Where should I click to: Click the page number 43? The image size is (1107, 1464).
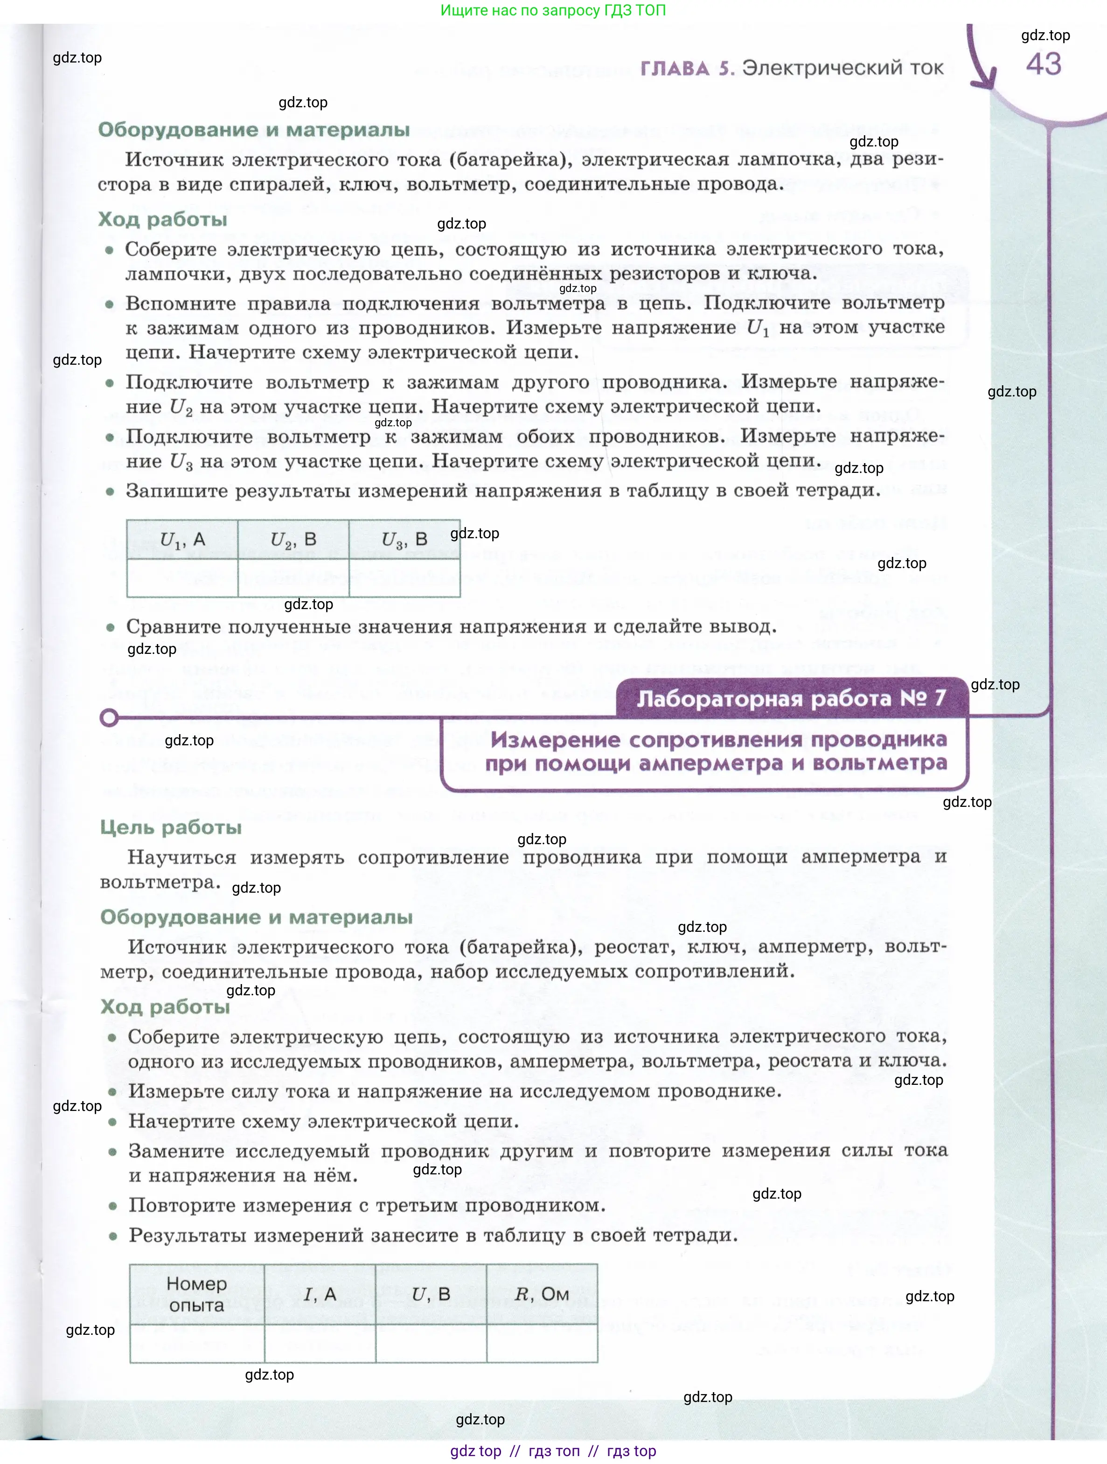[x=1044, y=65]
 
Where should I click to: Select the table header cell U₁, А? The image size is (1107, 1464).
[x=182, y=540]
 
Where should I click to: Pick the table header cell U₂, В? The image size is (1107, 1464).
[x=293, y=540]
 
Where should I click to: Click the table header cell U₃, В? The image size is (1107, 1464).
[x=404, y=540]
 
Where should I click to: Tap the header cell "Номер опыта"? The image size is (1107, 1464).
[x=197, y=1294]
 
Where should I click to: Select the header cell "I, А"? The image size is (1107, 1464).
[x=320, y=1294]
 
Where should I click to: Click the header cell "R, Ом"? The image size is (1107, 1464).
[x=542, y=1294]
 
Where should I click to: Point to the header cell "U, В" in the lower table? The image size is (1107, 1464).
[x=431, y=1294]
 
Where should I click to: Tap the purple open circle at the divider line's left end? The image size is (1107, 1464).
[x=109, y=718]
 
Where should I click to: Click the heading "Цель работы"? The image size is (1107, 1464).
[x=171, y=827]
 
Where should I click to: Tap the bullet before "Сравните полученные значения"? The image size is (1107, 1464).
[x=111, y=627]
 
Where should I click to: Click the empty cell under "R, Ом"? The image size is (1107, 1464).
[x=542, y=1343]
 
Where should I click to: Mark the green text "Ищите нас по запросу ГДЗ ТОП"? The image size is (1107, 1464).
[x=553, y=10]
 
